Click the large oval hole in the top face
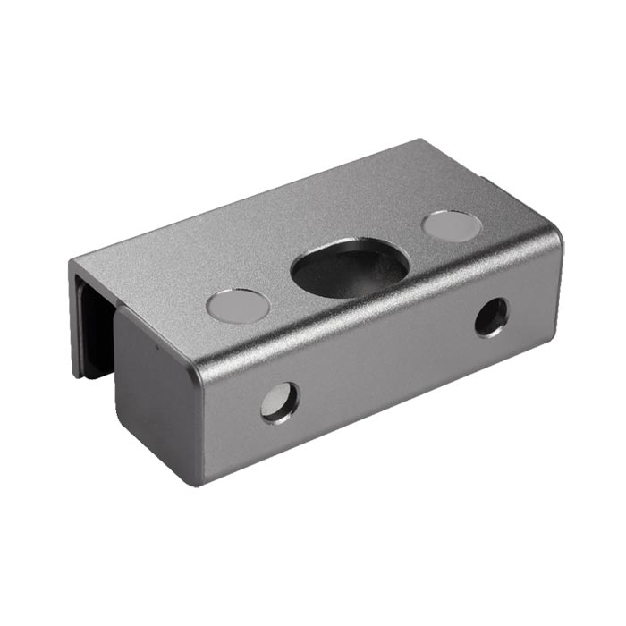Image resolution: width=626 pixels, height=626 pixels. (351, 266)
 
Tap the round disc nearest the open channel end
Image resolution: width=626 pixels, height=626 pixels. (238, 306)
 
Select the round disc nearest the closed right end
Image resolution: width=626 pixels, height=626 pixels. (452, 225)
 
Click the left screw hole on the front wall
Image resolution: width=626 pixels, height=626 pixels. (280, 402)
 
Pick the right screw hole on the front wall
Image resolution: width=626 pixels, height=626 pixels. (491, 317)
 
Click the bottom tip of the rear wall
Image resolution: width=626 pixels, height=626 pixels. (78, 374)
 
